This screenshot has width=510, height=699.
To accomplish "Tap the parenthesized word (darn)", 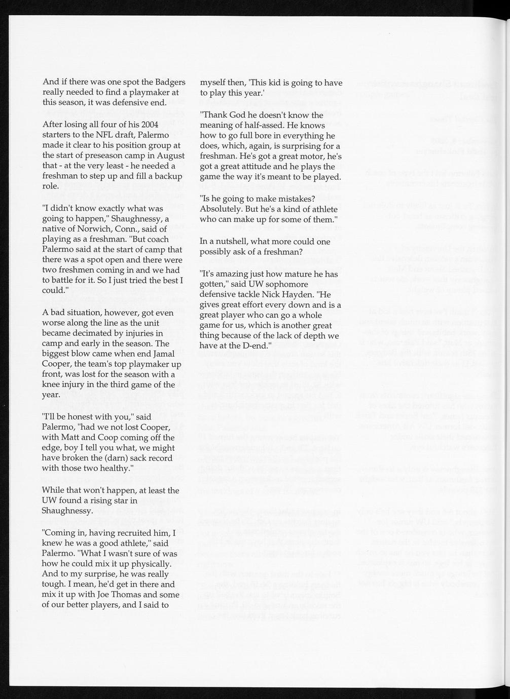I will coord(109,458).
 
